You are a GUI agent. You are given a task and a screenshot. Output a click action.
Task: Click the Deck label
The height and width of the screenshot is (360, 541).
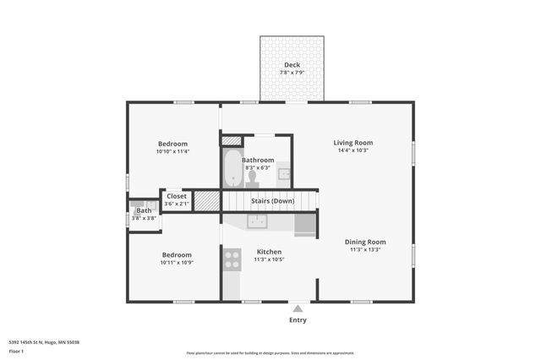[292, 65]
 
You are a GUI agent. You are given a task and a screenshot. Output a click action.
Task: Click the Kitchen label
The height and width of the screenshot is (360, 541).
[269, 251]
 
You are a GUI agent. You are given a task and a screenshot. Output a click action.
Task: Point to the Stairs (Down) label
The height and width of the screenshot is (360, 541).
[272, 200]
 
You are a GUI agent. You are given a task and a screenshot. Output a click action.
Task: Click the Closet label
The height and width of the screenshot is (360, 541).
[177, 196]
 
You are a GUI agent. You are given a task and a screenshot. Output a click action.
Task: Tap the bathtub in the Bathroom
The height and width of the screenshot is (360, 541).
[232, 169]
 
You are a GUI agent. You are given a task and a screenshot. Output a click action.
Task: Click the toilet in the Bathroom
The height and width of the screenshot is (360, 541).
[252, 177]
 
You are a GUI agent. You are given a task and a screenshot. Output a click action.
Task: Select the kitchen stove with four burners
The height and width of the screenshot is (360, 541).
[231, 259]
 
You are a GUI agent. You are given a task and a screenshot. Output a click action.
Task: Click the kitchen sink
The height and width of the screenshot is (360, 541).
[258, 221]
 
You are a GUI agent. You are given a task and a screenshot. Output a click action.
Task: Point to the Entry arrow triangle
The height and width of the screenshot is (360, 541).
[298, 309]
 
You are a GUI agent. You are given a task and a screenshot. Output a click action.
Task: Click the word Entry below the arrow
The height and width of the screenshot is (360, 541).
[298, 320]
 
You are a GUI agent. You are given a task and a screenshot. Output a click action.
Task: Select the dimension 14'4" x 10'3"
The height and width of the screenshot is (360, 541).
[352, 151]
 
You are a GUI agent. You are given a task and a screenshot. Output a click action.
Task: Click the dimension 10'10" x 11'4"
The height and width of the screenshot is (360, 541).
[172, 152]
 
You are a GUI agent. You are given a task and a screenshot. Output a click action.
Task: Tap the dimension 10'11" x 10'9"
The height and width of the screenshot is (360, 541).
[177, 263]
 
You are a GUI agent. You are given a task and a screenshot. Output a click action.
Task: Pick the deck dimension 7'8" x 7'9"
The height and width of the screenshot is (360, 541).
[292, 73]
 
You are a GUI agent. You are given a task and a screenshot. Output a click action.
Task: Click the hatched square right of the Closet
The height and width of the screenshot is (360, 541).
[206, 201]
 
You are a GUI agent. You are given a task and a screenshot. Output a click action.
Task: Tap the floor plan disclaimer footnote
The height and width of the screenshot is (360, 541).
[270, 353]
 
